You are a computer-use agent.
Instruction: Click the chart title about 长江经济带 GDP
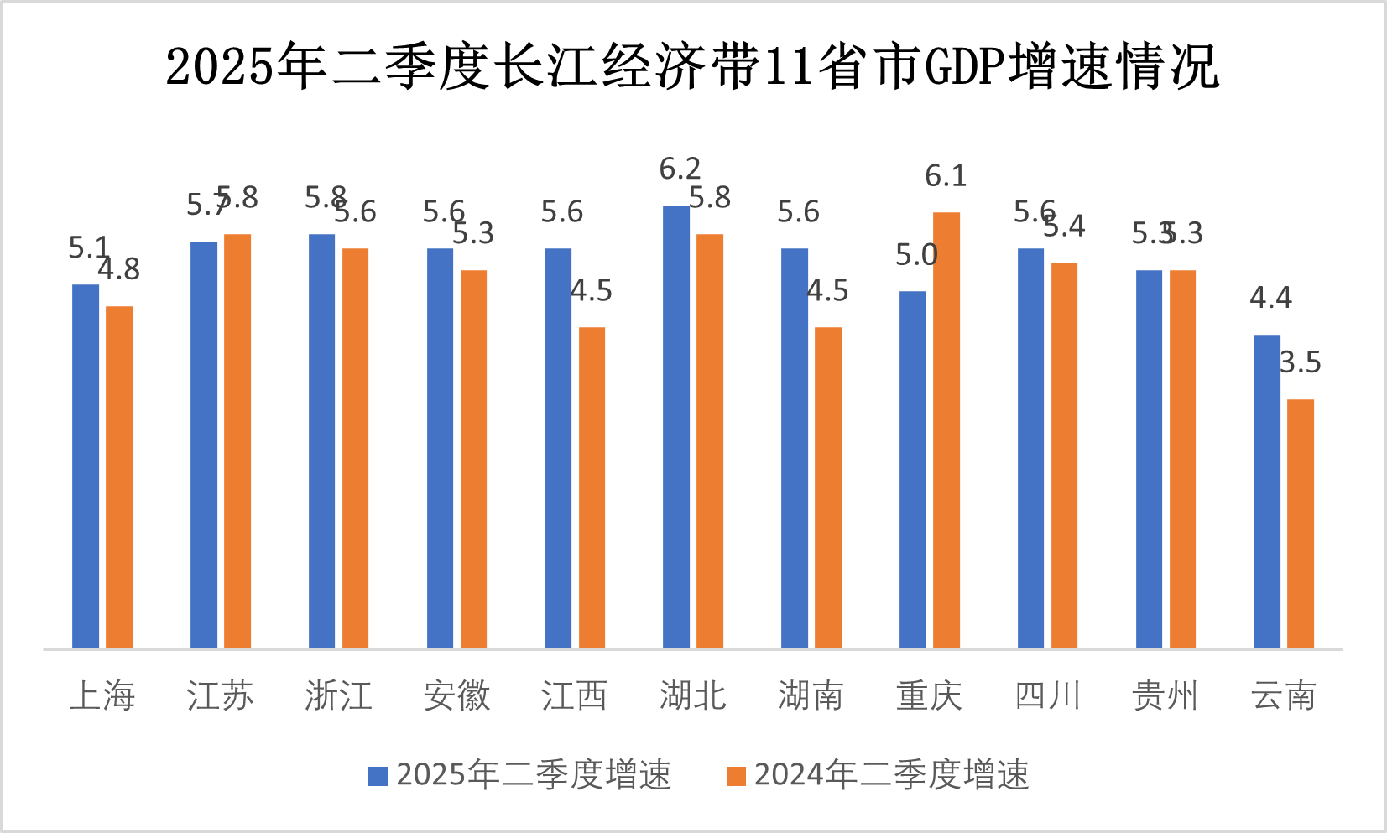pyautogui.click(x=692, y=67)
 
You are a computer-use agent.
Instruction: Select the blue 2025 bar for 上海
pyautogui.click(x=86, y=466)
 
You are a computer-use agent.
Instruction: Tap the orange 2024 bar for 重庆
pyautogui.click(x=946, y=430)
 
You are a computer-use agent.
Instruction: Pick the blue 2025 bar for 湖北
pyautogui.click(x=676, y=426)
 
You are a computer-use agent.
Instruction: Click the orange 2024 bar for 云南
pyautogui.click(x=1300, y=523)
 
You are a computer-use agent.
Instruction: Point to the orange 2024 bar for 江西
pyautogui.click(x=592, y=487)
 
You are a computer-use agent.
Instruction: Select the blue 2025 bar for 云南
pyautogui.click(x=1267, y=491)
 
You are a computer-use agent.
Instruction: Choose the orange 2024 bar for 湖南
pyautogui.click(x=827, y=487)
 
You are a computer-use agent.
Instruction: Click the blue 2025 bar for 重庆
pyautogui.click(x=912, y=469)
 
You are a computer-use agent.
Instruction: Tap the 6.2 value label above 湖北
pyautogui.click(x=680, y=169)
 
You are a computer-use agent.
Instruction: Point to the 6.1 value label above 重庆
pyautogui.click(x=946, y=176)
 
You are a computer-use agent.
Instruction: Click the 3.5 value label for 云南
pyautogui.click(x=1300, y=362)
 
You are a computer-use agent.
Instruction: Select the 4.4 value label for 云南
pyautogui.click(x=1270, y=298)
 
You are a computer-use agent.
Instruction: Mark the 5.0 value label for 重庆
pyautogui.click(x=915, y=255)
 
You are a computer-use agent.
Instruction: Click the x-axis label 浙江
pyautogui.click(x=338, y=695)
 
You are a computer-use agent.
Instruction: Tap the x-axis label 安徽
pyautogui.click(x=456, y=695)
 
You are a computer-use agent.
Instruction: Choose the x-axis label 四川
pyautogui.click(x=1047, y=695)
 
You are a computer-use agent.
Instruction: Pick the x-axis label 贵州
pyautogui.click(x=1165, y=695)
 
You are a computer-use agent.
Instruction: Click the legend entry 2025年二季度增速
pyautogui.click(x=520, y=774)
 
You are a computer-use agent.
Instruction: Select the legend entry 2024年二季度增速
pyautogui.click(x=878, y=774)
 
